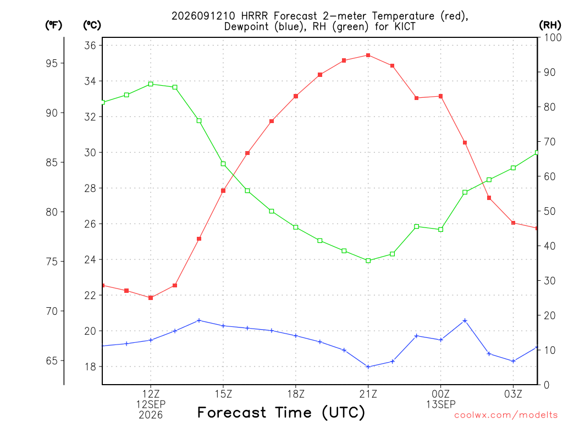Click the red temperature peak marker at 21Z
[368, 55]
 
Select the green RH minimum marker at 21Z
[368, 260]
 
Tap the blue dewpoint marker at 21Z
[368, 367]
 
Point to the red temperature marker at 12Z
[151, 298]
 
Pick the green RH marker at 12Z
[151, 84]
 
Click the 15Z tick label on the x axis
[223, 395]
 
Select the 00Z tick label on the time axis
[440, 395]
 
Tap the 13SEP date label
[440, 405]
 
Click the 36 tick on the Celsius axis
[90, 46]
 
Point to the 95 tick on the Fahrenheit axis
[52, 64]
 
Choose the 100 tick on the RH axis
[553, 37]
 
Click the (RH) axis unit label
[550, 25]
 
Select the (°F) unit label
[53, 25]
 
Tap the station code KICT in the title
[405, 26]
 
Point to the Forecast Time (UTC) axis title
[281, 413]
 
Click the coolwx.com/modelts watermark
[506, 415]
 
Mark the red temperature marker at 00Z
[440, 96]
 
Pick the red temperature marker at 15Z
[223, 191]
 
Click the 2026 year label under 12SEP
[151, 415]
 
